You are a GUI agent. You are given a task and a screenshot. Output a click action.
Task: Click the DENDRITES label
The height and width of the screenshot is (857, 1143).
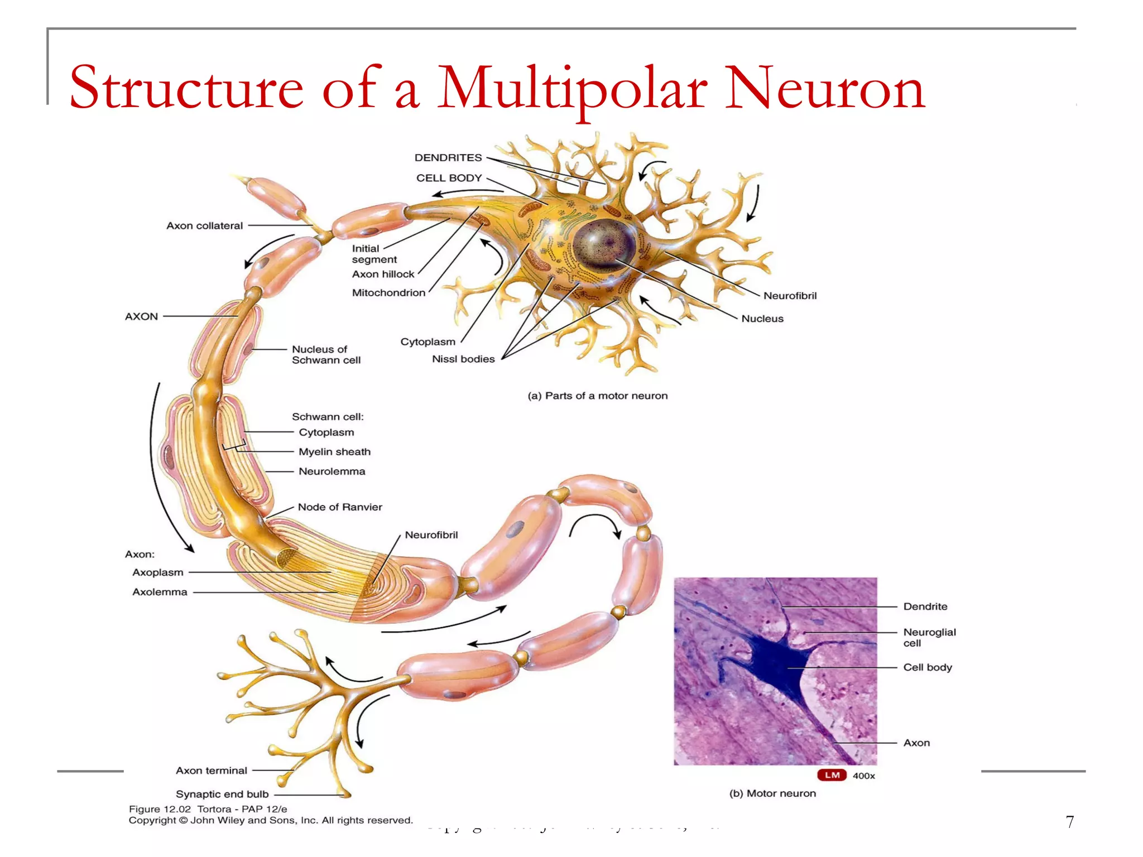[448, 158]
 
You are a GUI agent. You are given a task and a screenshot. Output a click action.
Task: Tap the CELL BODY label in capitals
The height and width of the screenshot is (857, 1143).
[449, 178]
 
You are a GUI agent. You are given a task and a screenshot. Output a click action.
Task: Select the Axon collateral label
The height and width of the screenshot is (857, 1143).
[204, 226]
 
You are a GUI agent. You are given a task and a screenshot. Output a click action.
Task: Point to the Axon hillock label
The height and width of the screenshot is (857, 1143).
[383, 275]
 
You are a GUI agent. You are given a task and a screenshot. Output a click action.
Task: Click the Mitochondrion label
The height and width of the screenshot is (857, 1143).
[388, 293]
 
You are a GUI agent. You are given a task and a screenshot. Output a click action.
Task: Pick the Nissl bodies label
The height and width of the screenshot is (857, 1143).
[463, 359]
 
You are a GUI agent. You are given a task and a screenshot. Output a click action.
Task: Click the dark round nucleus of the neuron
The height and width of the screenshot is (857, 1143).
[604, 244]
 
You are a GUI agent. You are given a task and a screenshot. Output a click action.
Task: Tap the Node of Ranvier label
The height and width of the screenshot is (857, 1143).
[340, 507]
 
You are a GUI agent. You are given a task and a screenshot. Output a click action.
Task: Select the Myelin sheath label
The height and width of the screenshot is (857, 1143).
[334, 452]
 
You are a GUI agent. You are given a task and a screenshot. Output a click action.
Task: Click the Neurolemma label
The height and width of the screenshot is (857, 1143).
[332, 471]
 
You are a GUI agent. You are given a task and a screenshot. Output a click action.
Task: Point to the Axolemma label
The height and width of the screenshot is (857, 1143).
[160, 592]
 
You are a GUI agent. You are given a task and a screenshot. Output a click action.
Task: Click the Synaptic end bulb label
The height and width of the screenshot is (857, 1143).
[222, 794]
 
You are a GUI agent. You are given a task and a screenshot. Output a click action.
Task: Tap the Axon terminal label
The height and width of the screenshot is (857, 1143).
[211, 771]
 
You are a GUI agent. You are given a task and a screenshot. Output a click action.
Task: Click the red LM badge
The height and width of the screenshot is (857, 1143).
[832, 775]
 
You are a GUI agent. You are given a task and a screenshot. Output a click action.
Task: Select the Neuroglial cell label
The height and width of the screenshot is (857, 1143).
[929, 637]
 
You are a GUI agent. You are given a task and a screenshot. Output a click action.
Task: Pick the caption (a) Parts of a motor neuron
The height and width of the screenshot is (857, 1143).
[597, 396]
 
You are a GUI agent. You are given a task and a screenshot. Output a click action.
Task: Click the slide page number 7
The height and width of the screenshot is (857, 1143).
[1069, 822]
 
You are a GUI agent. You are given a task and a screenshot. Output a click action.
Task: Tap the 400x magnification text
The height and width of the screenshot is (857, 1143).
[863, 776]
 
